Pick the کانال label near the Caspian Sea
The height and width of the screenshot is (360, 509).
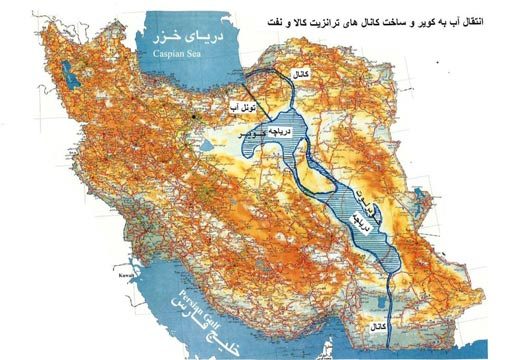(x=299, y=76)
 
